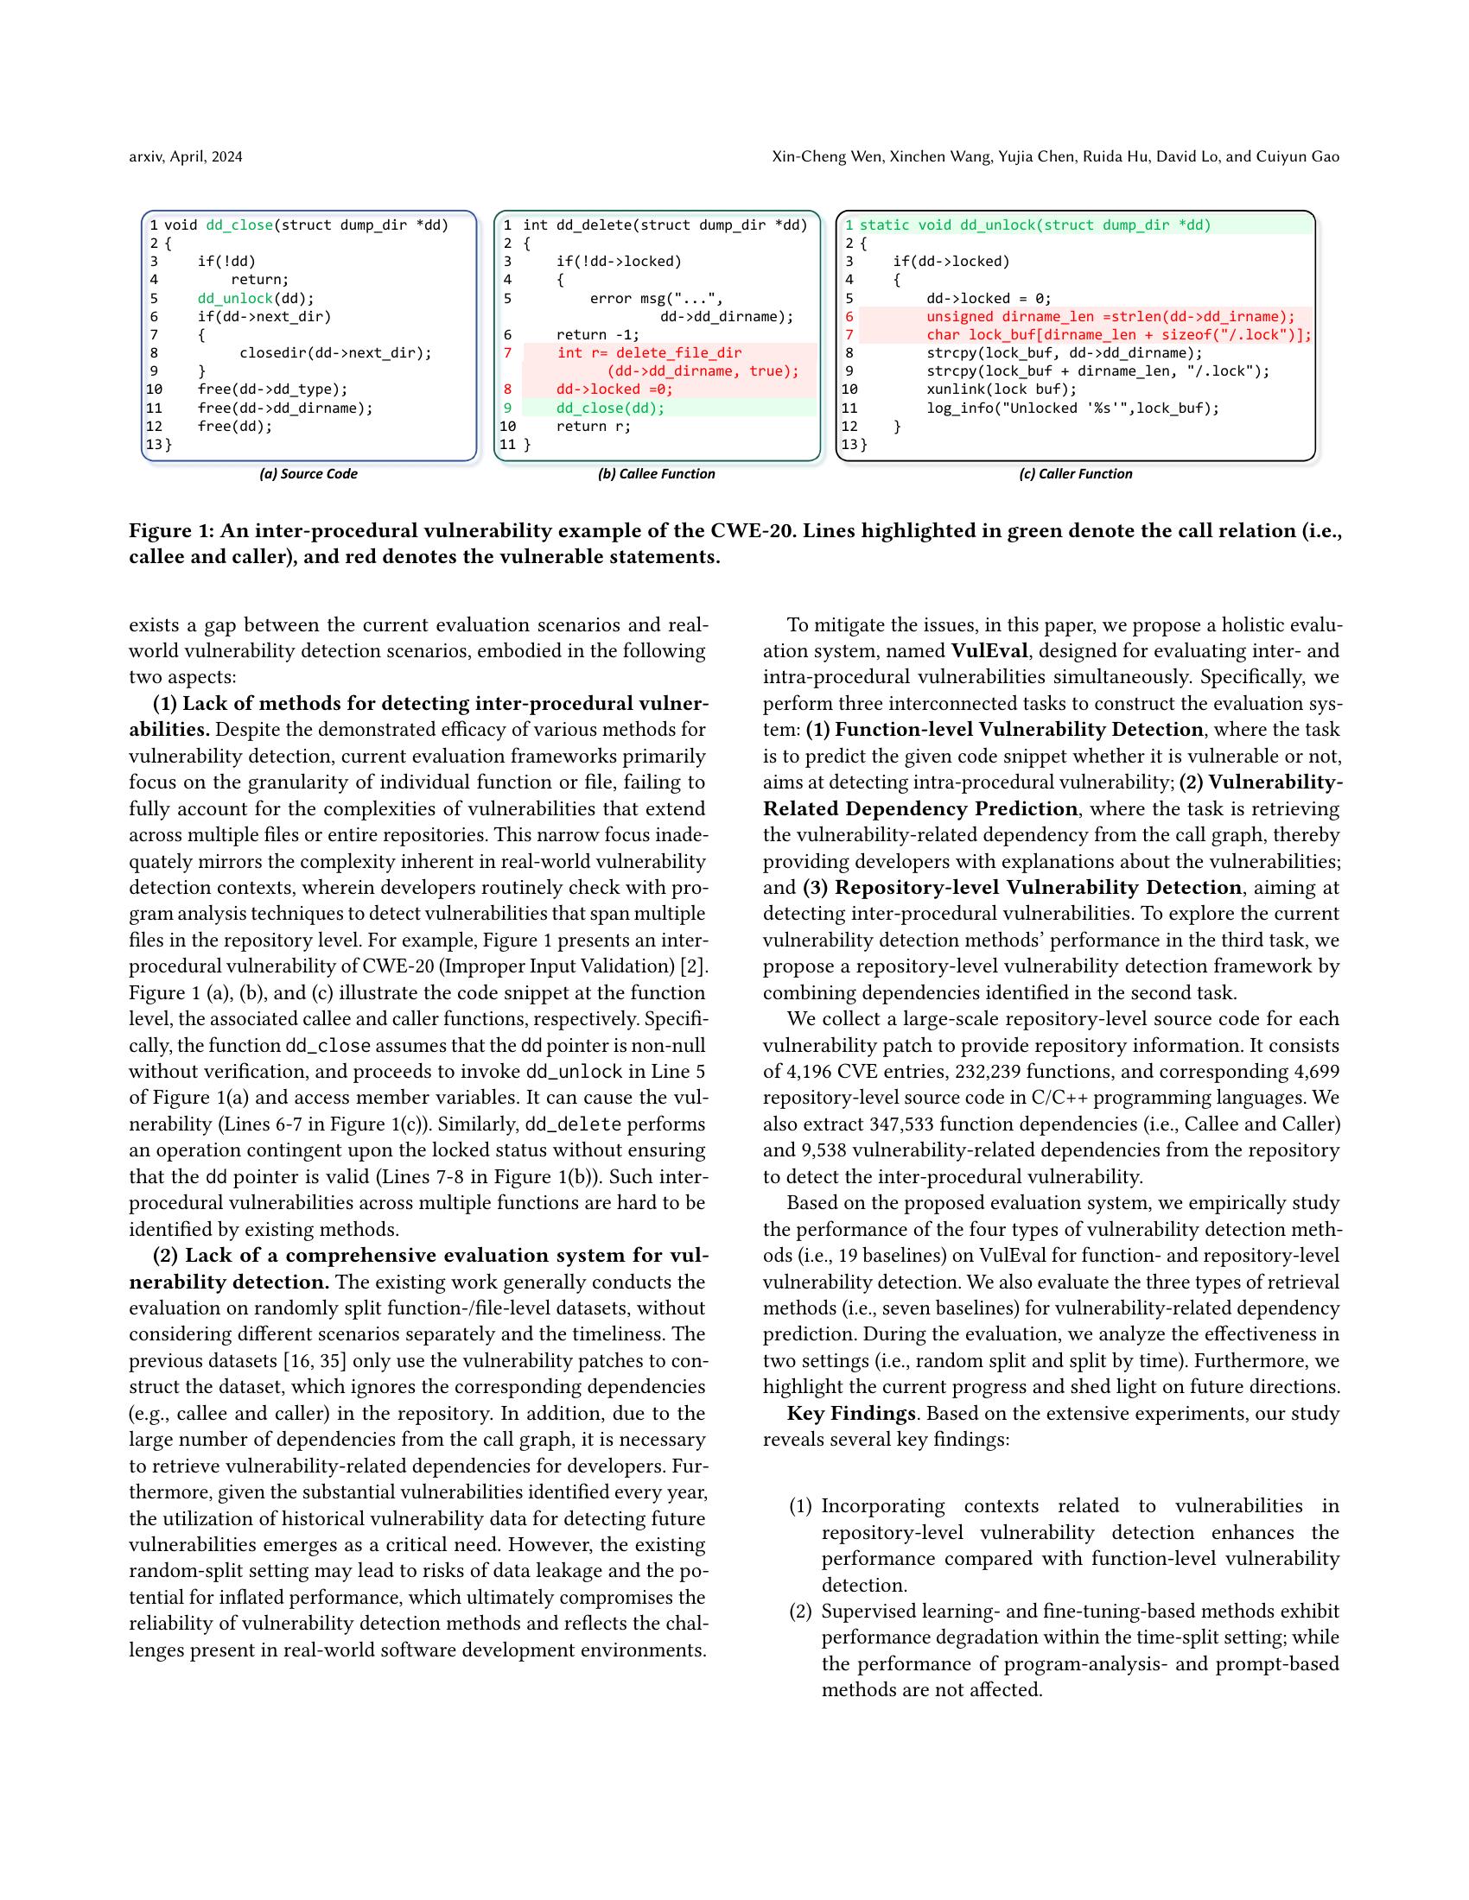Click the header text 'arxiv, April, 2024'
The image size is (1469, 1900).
[186, 156]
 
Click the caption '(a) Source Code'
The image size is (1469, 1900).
[308, 474]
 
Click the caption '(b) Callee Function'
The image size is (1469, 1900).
[656, 474]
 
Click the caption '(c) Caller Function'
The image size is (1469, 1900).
[1076, 474]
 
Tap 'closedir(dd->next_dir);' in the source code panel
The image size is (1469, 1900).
[335, 353]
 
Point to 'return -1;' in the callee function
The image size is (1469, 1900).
[598, 335]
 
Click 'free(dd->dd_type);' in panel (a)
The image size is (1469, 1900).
[272, 389]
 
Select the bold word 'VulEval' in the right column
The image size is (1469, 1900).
[989, 650]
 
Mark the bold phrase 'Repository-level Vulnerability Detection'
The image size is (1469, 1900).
[1037, 887]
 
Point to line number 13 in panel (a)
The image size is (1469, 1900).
[154, 445]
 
